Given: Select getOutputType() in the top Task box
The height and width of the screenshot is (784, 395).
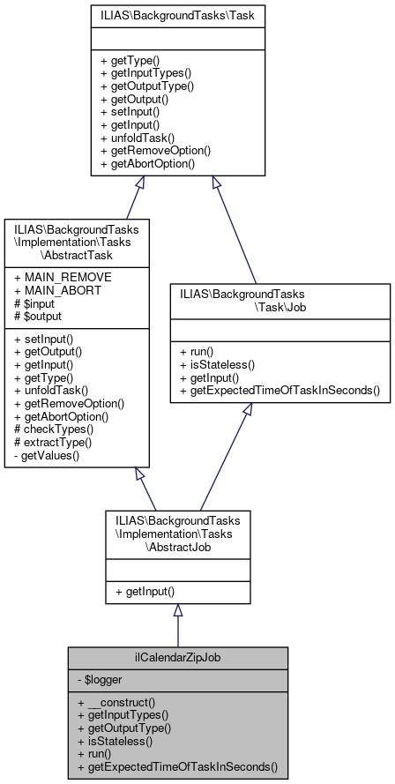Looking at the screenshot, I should coord(146,86).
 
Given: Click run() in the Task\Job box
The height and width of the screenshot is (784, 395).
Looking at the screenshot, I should coord(205,351).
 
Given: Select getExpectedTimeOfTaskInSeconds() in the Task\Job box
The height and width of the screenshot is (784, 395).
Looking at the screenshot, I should coord(279,389).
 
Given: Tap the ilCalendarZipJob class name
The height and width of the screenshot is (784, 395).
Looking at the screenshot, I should coord(177,659).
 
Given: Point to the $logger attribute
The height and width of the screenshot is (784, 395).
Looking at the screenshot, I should coord(101,680).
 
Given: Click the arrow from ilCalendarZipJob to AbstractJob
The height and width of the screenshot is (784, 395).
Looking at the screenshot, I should coord(177,625).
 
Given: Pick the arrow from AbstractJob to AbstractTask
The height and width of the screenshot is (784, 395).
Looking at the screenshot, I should coord(145,489).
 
